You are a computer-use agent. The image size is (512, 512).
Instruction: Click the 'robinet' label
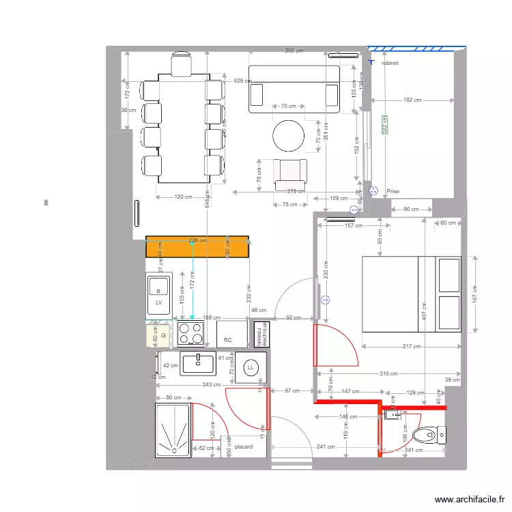[x=390, y=62]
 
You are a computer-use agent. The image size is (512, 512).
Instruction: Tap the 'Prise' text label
[x=393, y=192]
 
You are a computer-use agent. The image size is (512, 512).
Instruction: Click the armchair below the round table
[x=291, y=173]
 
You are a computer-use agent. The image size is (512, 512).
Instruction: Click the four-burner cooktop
[x=190, y=334]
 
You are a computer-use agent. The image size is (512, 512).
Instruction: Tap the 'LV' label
[x=158, y=302]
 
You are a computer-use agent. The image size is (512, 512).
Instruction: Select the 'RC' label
[x=228, y=339]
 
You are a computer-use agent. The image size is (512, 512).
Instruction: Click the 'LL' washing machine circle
[x=251, y=367]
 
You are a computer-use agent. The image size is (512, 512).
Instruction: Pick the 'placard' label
[x=243, y=447]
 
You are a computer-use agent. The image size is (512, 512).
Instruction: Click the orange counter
[x=197, y=246]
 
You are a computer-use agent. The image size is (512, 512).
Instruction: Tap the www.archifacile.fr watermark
[x=468, y=499]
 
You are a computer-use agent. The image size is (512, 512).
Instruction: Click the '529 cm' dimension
[x=242, y=81]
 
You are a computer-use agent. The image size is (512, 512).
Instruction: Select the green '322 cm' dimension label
[x=384, y=124]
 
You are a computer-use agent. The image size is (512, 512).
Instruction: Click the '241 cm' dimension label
[x=325, y=447]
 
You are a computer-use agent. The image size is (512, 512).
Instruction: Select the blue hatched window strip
[x=416, y=48]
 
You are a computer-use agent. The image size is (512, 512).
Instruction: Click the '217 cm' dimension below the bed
[x=412, y=346]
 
